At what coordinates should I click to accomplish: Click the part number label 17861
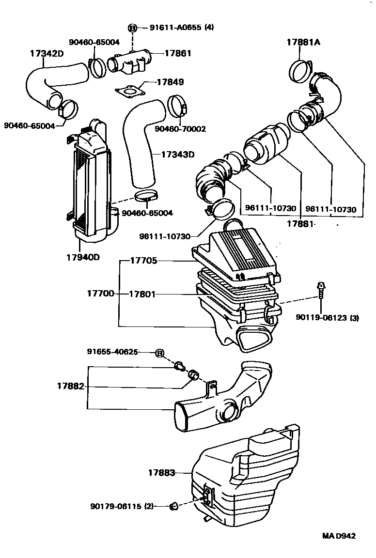click(177, 54)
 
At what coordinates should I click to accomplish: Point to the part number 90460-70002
click(180, 129)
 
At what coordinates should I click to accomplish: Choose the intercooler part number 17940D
click(83, 257)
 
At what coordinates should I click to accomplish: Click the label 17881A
click(303, 42)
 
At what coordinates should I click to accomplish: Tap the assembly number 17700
click(101, 294)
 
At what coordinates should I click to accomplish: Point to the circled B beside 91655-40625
click(159, 353)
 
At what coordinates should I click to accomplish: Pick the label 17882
click(71, 387)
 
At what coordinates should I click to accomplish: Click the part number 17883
click(162, 472)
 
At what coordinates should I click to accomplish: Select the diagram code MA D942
click(339, 536)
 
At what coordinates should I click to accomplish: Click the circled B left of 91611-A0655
click(132, 28)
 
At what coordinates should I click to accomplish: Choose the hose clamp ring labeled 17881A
click(299, 71)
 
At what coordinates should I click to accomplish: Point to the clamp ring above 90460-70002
click(177, 106)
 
